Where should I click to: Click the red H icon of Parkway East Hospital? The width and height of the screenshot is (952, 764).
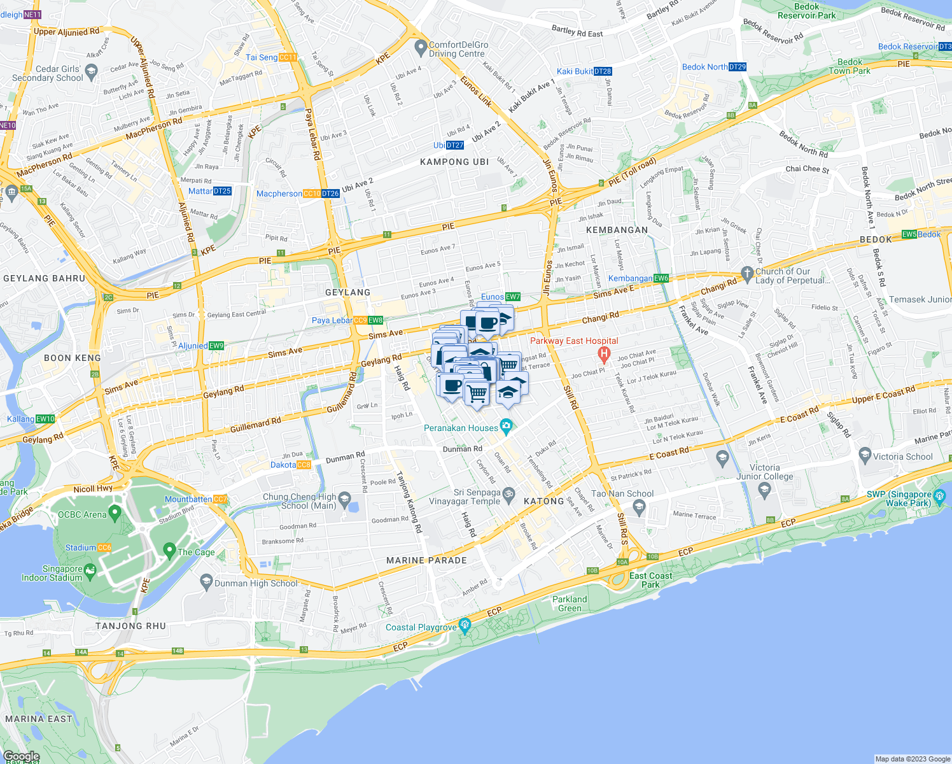click(604, 353)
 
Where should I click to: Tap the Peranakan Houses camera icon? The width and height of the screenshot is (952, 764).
click(506, 425)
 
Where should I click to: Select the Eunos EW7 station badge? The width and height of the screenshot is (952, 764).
click(513, 297)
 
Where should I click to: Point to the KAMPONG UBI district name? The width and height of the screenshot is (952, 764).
click(454, 162)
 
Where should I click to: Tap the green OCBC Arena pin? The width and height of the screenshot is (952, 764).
click(115, 512)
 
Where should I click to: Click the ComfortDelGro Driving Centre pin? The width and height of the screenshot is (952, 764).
click(420, 47)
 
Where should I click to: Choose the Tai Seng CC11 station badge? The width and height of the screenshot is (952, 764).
click(288, 57)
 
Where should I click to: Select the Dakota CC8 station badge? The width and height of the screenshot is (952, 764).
click(304, 465)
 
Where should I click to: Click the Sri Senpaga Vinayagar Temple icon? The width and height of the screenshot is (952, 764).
click(508, 493)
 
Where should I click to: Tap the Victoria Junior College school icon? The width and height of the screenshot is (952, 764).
click(765, 489)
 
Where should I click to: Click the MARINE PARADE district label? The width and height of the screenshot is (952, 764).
click(426, 560)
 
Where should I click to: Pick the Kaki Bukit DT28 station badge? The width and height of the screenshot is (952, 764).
click(603, 71)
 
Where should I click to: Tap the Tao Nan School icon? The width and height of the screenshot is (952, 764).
click(639, 507)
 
